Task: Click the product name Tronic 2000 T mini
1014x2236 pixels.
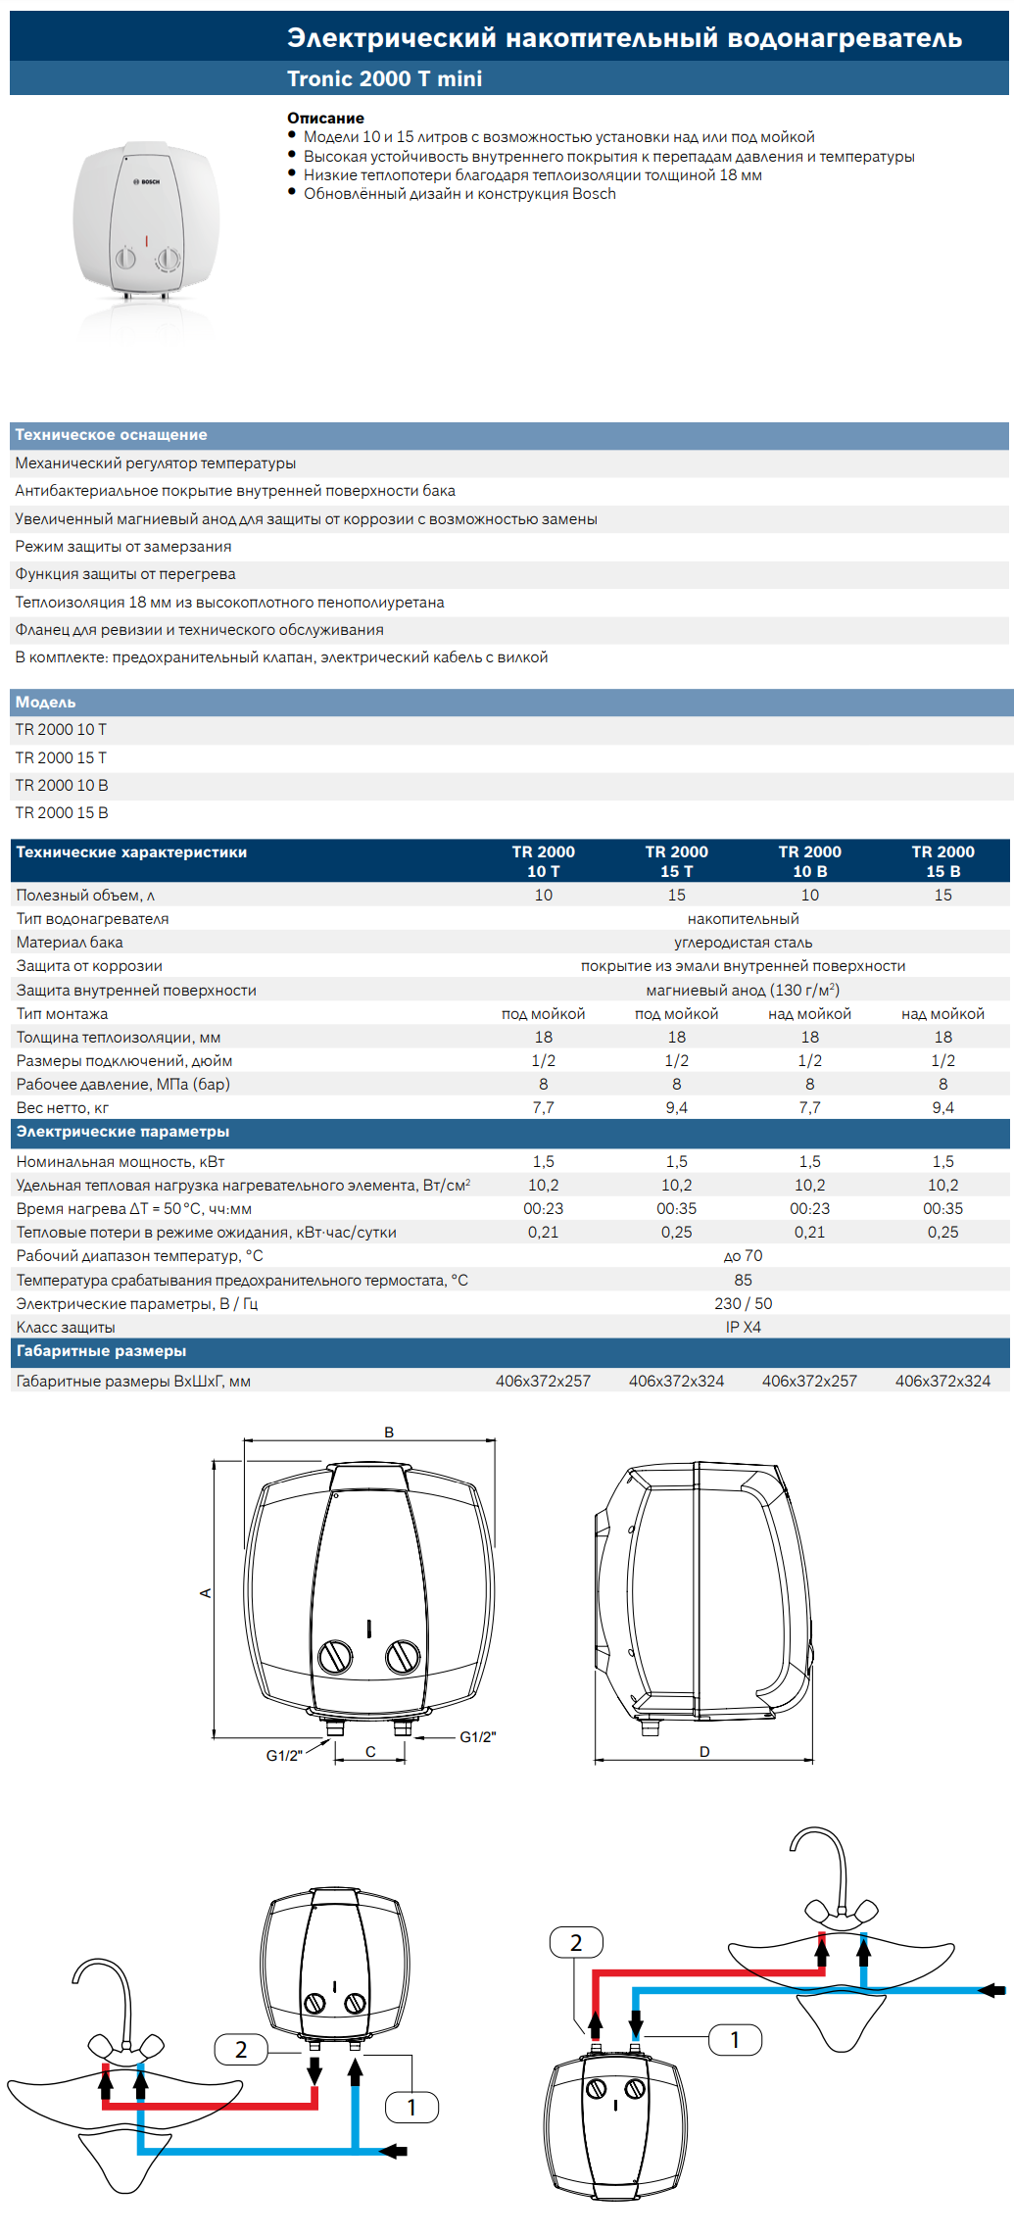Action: click(384, 79)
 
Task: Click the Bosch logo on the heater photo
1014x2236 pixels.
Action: click(148, 182)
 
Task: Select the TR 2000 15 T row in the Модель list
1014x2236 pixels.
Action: click(61, 758)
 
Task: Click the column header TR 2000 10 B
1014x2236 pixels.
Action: click(809, 861)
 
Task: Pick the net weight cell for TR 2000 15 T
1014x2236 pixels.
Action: click(676, 1108)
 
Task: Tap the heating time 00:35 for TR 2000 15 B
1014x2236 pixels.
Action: click(942, 1209)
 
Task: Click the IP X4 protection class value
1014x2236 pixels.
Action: click(743, 1328)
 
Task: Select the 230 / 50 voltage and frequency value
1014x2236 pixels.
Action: click(743, 1304)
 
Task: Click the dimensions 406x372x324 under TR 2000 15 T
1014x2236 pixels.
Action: click(676, 1382)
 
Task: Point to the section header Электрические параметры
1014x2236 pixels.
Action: click(122, 1132)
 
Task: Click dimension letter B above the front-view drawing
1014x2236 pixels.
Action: click(389, 1433)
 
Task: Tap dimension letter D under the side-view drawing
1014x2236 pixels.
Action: click(704, 1752)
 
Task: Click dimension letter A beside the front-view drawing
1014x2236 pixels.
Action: click(206, 1593)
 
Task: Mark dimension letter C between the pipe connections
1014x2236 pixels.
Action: click(370, 1752)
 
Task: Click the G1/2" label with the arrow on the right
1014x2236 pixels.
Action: click(478, 1737)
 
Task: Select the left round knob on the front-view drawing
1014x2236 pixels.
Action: click(336, 1657)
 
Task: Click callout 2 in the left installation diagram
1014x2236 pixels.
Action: click(241, 2050)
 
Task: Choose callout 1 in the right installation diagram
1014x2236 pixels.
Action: click(735, 2040)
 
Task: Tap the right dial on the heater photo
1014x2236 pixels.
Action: click(169, 260)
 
